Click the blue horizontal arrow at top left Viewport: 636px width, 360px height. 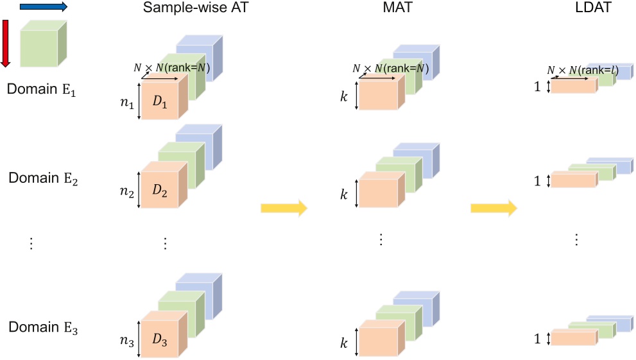point(43,7)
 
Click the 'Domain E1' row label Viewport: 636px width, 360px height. point(42,89)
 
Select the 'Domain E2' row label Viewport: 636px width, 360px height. point(43,178)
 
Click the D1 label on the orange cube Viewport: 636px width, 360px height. point(162,104)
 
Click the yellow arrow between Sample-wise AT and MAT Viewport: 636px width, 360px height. point(284,208)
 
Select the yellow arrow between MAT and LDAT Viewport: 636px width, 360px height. point(494,208)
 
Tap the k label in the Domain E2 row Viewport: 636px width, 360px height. point(344,192)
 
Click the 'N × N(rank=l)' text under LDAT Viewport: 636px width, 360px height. point(582,70)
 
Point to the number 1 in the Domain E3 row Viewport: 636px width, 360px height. point(537,339)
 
